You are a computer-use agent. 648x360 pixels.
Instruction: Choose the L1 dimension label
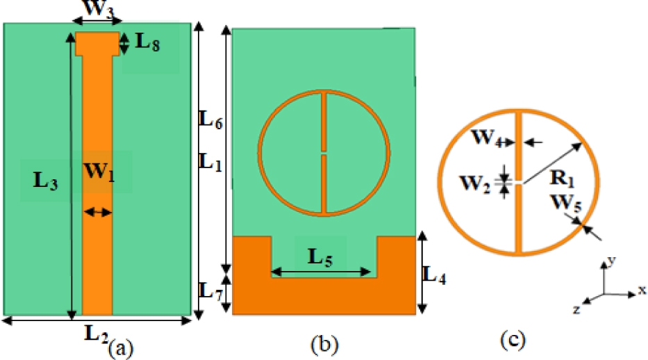[x=210, y=161]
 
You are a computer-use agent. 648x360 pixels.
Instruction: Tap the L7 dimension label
[x=210, y=291]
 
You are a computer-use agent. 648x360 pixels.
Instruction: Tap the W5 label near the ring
[x=564, y=205]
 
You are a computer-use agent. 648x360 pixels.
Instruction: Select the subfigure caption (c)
[x=513, y=341]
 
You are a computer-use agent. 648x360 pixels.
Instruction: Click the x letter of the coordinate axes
[x=641, y=291]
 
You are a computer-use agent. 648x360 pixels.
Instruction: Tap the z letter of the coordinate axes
[x=577, y=309]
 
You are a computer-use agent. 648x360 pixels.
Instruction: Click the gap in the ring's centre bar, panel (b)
[x=324, y=151]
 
